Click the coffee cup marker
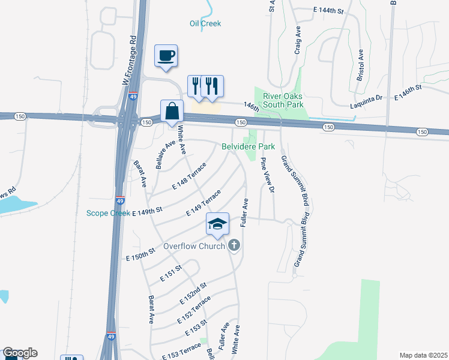point(166,56)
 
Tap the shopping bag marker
point(172,111)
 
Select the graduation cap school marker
point(217,224)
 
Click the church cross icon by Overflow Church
point(234,245)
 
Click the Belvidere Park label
point(248,146)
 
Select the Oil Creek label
point(205,23)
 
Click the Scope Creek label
point(108,213)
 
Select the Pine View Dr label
point(267,175)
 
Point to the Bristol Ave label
point(360,66)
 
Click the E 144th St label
point(328,11)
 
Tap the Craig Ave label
point(297,40)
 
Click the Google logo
point(19,353)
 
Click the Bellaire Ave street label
point(166,155)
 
